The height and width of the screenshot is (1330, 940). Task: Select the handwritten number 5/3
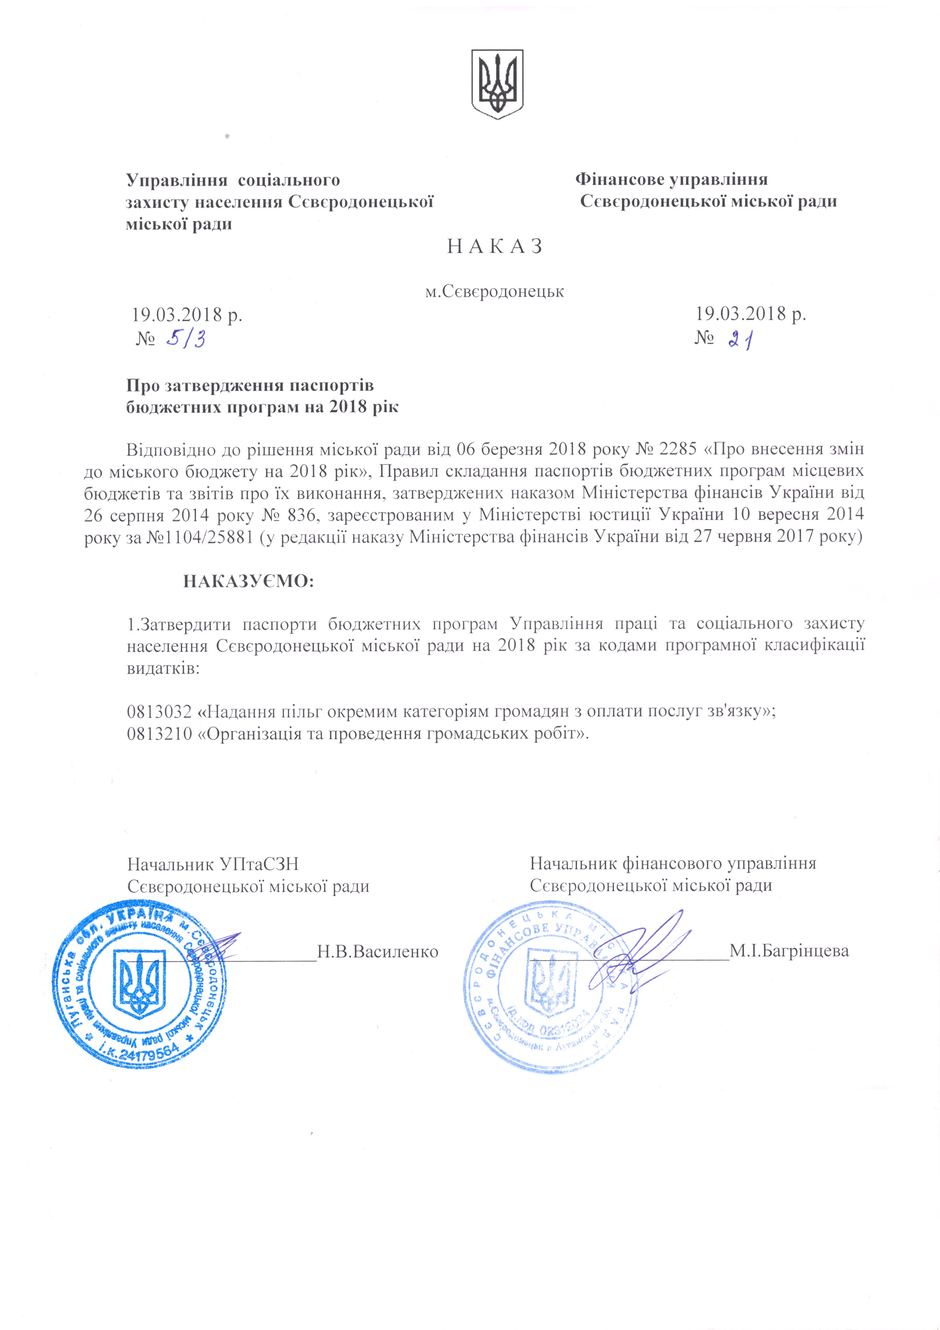pos(185,338)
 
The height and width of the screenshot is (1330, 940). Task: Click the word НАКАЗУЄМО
pos(249,581)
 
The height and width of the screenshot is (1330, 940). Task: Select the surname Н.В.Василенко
pos(378,951)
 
